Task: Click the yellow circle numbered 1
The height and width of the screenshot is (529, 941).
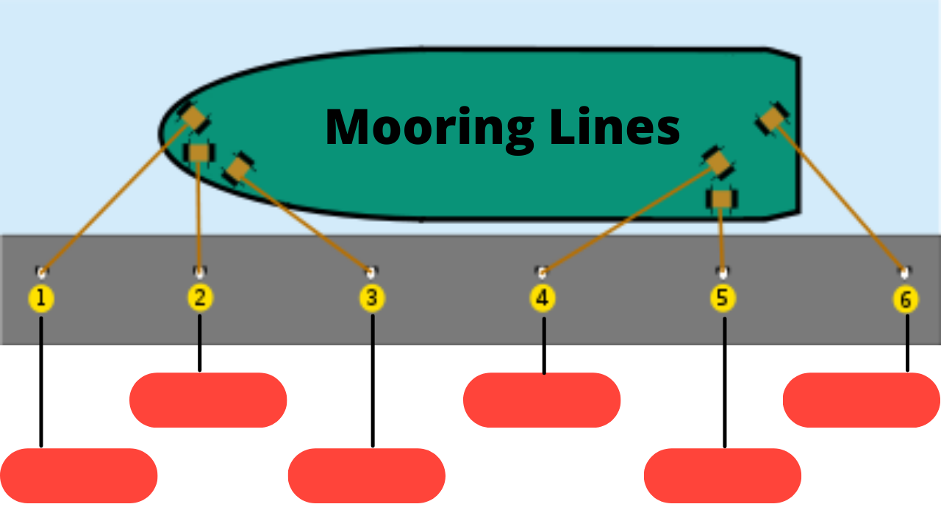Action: coord(40,298)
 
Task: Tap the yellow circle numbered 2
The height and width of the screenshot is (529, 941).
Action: coord(200,298)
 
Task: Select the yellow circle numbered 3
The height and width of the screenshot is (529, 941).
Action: coord(372,298)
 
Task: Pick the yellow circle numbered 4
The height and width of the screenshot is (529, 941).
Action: coord(543,298)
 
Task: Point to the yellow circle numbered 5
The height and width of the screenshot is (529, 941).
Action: coord(723,298)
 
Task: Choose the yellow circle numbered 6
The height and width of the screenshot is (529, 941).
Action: coord(905,300)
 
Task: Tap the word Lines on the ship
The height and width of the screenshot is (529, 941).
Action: coord(615,126)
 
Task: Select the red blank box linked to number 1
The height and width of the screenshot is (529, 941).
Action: coord(79,475)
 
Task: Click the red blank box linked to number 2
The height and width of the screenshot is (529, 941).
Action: coord(208,400)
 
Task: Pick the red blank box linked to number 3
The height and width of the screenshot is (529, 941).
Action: coord(366,475)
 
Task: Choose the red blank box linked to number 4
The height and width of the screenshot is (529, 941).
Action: coord(542,400)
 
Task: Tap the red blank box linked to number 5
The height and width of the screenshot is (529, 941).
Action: coord(723,475)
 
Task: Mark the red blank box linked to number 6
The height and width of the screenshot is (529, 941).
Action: coord(862,400)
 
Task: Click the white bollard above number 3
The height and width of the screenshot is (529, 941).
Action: coord(371,273)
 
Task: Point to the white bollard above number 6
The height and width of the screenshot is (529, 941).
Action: coord(904,273)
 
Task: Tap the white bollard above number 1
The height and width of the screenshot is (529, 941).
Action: coord(41,273)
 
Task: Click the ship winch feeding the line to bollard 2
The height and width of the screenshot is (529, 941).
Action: coord(199,153)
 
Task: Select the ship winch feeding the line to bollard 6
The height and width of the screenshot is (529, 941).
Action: coord(772,118)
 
